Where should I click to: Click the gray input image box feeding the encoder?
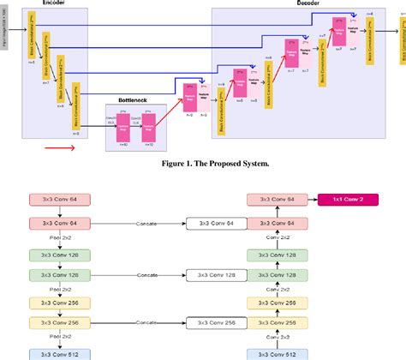pos(5,39)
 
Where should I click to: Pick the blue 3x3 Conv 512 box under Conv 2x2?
pos(275,353)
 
